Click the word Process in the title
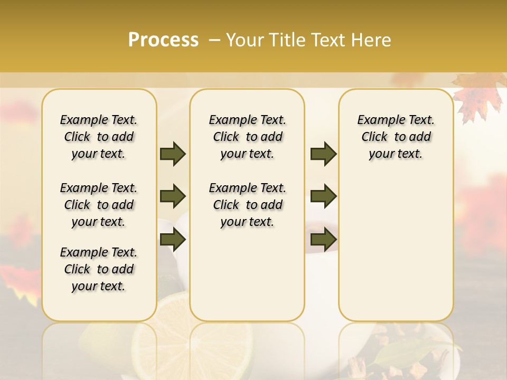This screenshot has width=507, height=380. (163, 40)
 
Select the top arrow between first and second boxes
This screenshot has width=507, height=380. (173, 154)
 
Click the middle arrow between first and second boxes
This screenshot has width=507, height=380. (173, 196)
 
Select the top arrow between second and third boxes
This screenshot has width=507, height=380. (323, 154)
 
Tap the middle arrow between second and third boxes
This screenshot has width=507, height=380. (323, 196)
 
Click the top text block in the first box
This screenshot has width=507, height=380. (99, 137)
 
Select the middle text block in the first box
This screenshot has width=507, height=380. (99, 205)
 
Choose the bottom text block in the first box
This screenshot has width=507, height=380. (99, 269)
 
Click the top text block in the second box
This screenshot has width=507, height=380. (247, 137)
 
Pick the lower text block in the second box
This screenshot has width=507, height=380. (247, 205)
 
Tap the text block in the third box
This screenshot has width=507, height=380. (396, 137)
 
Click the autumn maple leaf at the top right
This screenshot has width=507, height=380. (478, 98)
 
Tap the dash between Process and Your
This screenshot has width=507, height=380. (214, 40)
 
